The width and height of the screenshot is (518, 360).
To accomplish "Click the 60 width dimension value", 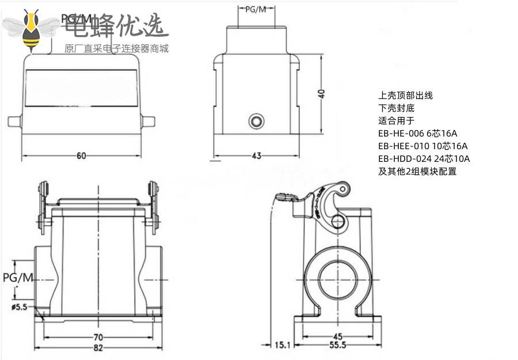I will tap(81, 156).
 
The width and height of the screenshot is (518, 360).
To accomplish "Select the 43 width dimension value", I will tap(256, 155).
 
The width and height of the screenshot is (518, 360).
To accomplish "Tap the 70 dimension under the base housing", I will tap(100, 337).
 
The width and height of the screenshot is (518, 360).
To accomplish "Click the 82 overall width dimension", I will tap(99, 348).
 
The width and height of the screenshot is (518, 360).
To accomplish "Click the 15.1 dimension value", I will tap(283, 345).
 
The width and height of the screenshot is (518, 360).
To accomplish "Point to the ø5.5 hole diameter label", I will tap(19, 307).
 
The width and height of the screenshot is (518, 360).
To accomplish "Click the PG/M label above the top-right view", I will tap(256, 10).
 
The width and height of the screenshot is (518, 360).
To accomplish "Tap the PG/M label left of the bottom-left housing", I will tap(18, 278).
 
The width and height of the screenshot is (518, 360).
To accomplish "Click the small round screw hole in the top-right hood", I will tap(256, 121).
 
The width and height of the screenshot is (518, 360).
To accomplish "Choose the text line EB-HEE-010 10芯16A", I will tap(422, 146).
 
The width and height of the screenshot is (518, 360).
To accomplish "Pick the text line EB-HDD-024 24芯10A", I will tap(424, 158).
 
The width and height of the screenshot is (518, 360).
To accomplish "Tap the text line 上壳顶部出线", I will tap(405, 95).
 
